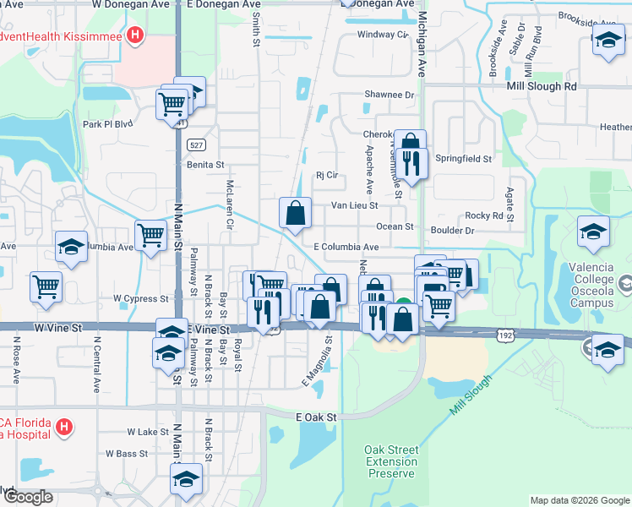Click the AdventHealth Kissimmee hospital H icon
(x=134, y=35)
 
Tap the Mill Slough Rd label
(x=542, y=86)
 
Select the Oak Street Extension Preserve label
(x=391, y=461)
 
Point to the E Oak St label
(x=317, y=417)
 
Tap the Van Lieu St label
(x=354, y=204)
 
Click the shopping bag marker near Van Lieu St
(x=296, y=215)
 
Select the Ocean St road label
(x=395, y=226)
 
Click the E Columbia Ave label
(x=346, y=247)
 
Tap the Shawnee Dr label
(x=390, y=95)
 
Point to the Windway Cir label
(x=382, y=35)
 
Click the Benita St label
(x=205, y=165)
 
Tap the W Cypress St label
(x=141, y=298)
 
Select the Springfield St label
(x=463, y=158)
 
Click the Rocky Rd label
(x=484, y=215)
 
